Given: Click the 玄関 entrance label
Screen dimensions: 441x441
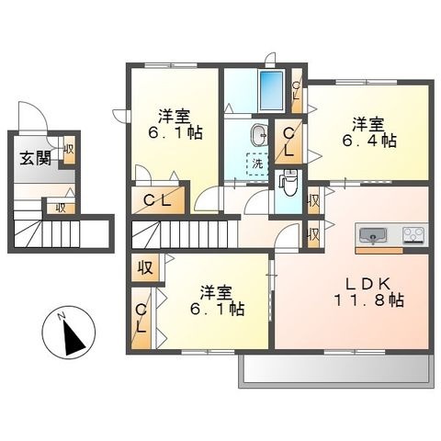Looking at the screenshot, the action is pyautogui.click(x=35, y=159).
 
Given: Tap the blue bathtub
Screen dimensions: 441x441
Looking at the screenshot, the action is pyautogui.click(x=271, y=90).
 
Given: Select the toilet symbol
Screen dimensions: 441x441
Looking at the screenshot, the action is pyautogui.click(x=288, y=184).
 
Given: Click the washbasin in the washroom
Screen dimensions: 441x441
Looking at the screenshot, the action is pyautogui.click(x=259, y=134).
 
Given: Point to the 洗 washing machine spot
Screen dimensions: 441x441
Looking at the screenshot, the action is pyautogui.click(x=257, y=164).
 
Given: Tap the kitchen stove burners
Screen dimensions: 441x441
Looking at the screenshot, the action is pyautogui.click(x=413, y=235).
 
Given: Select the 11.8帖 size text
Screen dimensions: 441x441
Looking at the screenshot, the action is pyautogui.click(x=368, y=300).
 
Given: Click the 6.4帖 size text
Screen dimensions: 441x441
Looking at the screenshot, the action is pyautogui.click(x=368, y=141).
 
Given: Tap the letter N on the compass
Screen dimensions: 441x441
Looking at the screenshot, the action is pyautogui.click(x=62, y=316).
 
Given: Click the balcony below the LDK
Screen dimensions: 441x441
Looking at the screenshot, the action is pyautogui.click(x=336, y=370).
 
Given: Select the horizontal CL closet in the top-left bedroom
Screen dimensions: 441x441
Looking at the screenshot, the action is pyautogui.click(x=158, y=199).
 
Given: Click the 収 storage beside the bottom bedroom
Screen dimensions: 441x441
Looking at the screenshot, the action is pyautogui.click(x=145, y=267).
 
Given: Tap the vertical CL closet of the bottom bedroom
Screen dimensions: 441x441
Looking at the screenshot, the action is pyautogui.click(x=141, y=318).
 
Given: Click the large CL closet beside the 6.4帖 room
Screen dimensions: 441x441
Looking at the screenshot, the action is pyautogui.click(x=288, y=141).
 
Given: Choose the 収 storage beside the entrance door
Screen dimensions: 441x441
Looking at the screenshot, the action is pyautogui.click(x=69, y=150).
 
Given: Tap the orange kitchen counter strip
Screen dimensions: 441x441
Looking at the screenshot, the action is pyautogui.click(x=379, y=251).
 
